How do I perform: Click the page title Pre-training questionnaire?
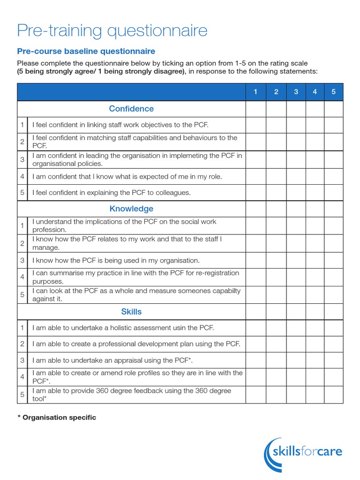112,31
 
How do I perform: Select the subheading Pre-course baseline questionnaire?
86,51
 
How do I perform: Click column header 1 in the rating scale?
255,92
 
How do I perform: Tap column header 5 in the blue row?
333,92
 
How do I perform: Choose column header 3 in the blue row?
296,92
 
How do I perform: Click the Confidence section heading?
131,109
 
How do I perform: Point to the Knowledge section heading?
131,209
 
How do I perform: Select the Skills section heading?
131,312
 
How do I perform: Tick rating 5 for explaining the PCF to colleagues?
333,193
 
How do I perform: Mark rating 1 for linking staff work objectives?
255,125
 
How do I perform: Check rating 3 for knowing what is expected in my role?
296,177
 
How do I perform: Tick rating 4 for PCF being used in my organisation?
315,260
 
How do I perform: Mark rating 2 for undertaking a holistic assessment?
276,328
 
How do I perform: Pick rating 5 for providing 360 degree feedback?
333,395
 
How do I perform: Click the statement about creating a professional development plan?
136,344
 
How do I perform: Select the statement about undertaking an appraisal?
112,360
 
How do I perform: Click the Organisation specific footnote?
56,417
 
